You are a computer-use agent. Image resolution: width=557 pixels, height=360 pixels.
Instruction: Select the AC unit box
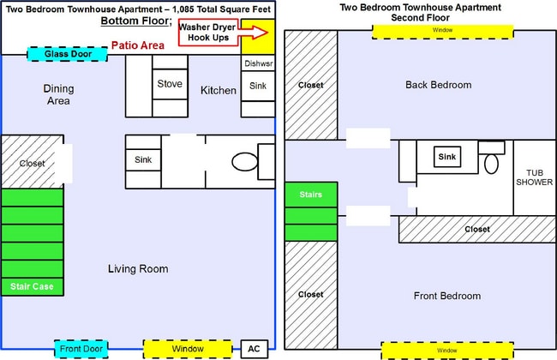click(x=253, y=349)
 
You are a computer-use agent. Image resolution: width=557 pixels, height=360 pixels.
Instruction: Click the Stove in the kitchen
click(x=169, y=83)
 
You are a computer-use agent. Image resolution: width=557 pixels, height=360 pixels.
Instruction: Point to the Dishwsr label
click(x=257, y=64)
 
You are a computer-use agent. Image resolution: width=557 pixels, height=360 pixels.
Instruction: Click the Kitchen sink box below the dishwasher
click(x=258, y=86)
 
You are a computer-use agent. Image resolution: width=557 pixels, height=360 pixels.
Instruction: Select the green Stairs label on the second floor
click(x=311, y=195)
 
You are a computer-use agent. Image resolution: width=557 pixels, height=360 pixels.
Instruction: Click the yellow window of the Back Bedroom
click(x=443, y=31)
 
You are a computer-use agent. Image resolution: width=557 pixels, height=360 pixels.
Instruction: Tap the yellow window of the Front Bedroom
click(x=446, y=351)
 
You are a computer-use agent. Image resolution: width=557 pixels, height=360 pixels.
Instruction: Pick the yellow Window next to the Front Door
click(x=188, y=349)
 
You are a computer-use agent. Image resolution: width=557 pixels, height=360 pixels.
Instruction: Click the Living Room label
click(x=138, y=269)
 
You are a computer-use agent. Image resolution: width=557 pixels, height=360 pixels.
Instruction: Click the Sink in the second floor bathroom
click(x=446, y=157)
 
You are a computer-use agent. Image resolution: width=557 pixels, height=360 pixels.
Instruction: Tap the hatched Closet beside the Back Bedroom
click(x=311, y=85)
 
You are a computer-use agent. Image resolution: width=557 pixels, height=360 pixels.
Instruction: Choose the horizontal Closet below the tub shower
click(x=476, y=229)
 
